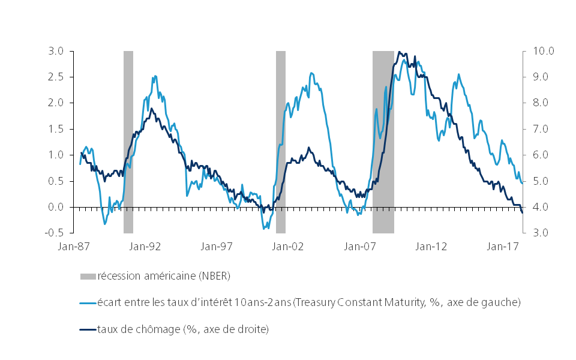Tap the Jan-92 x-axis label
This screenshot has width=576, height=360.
click(146, 246)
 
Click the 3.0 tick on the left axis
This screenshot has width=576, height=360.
click(57, 51)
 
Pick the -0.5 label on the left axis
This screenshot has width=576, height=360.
click(55, 233)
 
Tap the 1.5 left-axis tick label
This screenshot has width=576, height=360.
click(57, 129)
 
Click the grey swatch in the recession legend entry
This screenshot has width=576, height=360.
click(87, 276)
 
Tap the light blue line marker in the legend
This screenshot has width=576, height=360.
click(87, 302)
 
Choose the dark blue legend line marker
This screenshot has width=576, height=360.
click(87, 329)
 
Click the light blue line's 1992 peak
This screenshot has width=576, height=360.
click(155, 76)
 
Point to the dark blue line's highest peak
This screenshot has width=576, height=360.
click(400, 52)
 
